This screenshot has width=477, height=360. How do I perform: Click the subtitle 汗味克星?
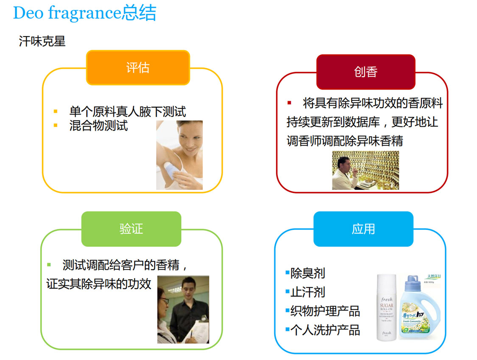tap(42, 42)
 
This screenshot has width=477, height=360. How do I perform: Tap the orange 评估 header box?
tap(138, 68)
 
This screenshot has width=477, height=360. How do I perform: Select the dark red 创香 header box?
tap(365, 72)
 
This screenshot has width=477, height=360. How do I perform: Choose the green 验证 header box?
tap(131, 229)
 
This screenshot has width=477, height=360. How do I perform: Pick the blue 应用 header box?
tap(363, 229)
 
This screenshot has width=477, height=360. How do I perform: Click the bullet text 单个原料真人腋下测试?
tap(127, 112)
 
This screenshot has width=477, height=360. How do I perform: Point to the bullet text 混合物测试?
tap(98, 126)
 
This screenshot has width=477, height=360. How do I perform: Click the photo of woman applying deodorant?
tap(179, 155)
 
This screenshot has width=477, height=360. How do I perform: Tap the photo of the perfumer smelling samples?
tap(365, 170)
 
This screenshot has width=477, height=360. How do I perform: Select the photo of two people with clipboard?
tap(183, 309)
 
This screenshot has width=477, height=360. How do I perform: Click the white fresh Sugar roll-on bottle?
tap(386, 307)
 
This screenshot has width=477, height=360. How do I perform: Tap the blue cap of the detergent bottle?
tap(414, 280)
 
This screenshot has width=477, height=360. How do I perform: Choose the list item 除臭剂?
tap(307, 273)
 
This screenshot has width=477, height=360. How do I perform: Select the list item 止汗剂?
tap(307, 292)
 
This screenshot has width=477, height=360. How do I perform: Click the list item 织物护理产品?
tap(325, 311)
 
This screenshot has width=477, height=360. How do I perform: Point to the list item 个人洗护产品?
tap(325, 330)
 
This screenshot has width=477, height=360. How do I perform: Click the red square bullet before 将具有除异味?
tap(290, 103)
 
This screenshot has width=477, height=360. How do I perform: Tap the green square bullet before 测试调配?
tap(49, 265)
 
